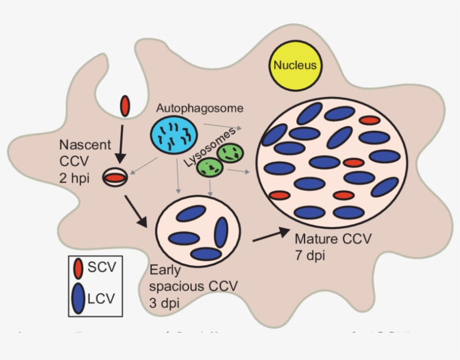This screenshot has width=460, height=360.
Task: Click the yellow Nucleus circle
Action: [x=295, y=65]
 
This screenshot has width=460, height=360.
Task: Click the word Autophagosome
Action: [x=200, y=107]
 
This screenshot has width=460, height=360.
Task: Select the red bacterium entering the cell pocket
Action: [x=125, y=105]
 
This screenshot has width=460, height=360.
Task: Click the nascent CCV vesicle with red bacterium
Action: [x=114, y=178]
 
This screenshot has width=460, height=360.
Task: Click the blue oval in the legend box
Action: [x=79, y=297]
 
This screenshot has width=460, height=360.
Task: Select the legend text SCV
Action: [x=102, y=267]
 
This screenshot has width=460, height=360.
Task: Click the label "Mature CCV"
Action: [x=333, y=239]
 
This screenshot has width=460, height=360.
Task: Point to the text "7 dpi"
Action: [x=309, y=256]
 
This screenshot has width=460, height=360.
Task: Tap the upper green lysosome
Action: [x=229, y=152]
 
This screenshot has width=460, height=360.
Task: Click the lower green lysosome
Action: [x=209, y=167]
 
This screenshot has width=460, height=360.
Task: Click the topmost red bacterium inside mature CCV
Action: [x=370, y=120]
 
